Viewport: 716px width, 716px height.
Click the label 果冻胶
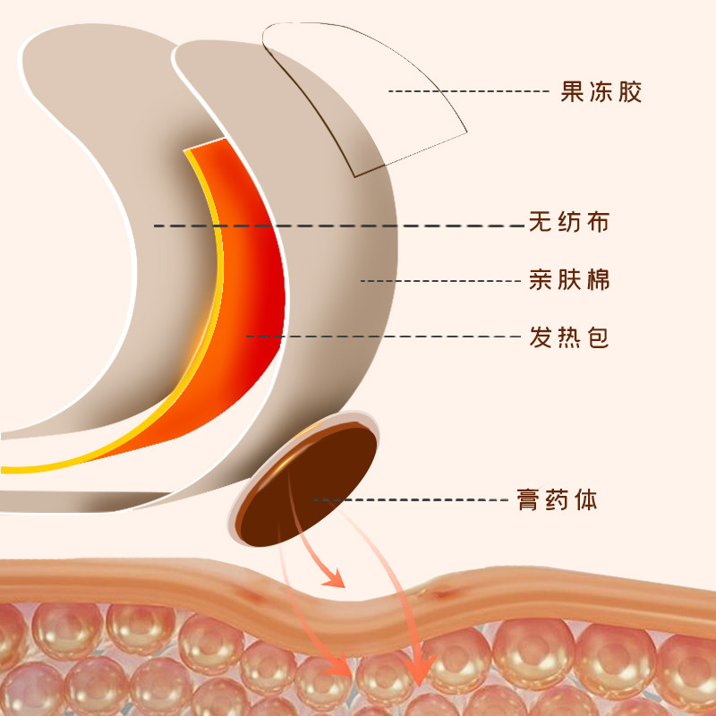[601, 91]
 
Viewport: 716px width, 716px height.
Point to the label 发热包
[569, 337]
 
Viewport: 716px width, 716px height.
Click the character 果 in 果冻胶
[573, 91]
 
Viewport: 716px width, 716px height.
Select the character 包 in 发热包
[598, 337]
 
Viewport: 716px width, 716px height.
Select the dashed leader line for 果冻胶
[465, 91]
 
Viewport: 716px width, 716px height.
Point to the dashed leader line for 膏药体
[412, 499]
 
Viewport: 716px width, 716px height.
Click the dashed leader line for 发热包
[385, 337]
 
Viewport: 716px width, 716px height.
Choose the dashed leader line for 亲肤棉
[439, 280]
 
